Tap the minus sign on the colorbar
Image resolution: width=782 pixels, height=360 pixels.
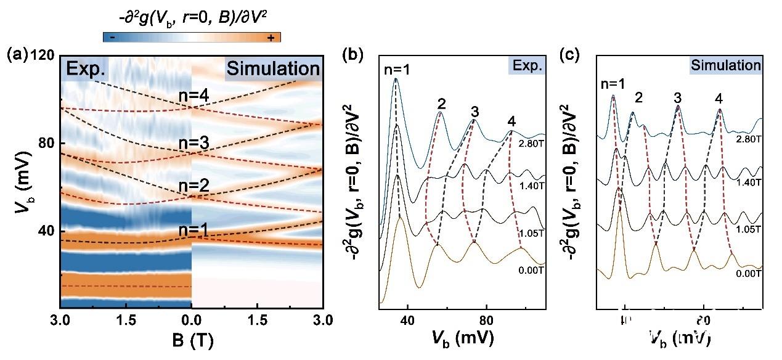coord(112,38)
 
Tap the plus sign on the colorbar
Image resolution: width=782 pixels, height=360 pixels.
coord(270,38)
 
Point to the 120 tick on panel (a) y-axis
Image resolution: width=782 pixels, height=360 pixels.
coord(43,55)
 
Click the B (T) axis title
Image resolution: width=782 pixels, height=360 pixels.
coord(192,340)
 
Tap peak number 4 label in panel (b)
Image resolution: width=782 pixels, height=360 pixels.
coord(511,121)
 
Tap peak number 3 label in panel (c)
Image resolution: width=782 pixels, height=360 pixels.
coord(678,97)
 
